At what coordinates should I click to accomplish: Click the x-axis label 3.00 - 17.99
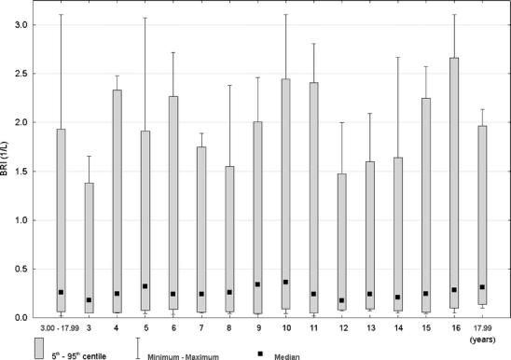pyautogui.click(x=61, y=329)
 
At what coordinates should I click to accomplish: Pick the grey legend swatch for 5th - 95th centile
pyautogui.click(x=40, y=348)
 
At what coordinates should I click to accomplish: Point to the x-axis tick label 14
pyautogui.click(x=399, y=329)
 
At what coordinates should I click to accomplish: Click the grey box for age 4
pyautogui.click(x=117, y=201)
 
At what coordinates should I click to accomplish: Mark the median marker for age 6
pyautogui.click(x=173, y=294)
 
